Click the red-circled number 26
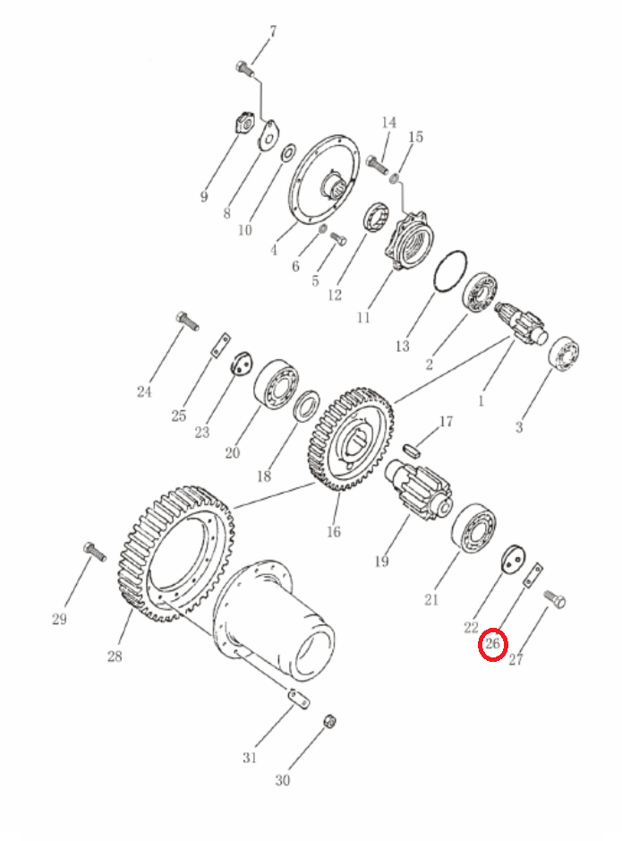[x=492, y=643]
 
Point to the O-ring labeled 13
[x=450, y=271]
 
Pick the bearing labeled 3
[x=564, y=354]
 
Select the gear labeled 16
[x=351, y=439]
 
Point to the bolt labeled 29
[x=95, y=552]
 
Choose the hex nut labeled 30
[x=330, y=721]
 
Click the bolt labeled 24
[x=187, y=321]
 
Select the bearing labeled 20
[x=276, y=384]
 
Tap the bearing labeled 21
[x=473, y=528]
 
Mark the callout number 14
[x=389, y=123]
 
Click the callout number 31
[x=250, y=758]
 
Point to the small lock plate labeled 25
[x=219, y=344]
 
